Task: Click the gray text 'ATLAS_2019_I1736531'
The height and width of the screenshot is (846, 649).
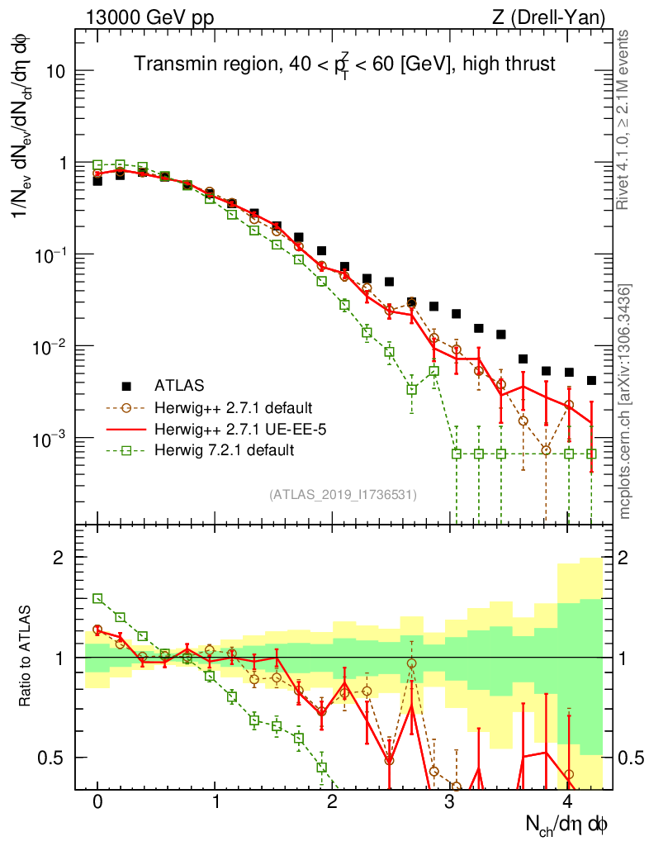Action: tap(343, 495)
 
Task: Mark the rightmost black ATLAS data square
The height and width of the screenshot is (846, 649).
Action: tap(591, 381)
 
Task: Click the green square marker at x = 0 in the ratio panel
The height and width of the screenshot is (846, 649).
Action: tap(97, 598)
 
